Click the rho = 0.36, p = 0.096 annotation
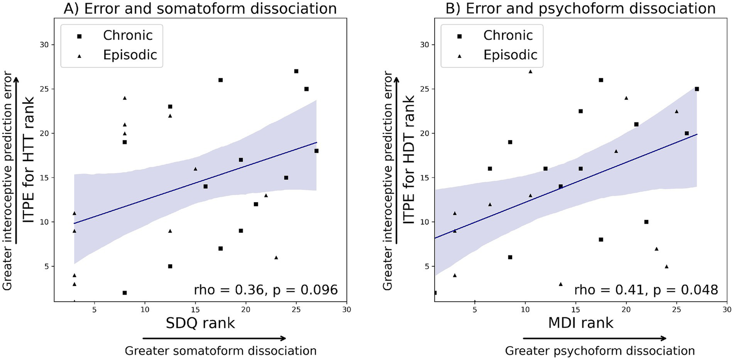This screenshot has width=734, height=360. (x=266, y=289)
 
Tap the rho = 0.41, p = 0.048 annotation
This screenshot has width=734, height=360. (x=646, y=289)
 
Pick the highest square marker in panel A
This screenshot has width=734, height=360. (x=296, y=71)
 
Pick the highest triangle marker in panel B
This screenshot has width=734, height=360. (x=530, y=71)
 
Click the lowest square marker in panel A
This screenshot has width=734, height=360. (x=124, y=293)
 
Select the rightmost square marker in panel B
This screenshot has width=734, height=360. (x=697, y=89)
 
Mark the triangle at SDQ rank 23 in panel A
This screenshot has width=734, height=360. (x=276, y=257)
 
